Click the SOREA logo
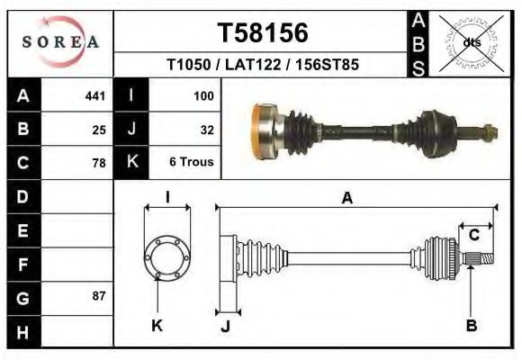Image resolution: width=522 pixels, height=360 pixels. coord(61,42)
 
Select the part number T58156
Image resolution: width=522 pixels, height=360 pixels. coord(263,33)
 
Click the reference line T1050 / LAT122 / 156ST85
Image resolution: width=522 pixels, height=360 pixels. coord(263,66)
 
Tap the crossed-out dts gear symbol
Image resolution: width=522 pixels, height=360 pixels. coord(469,41)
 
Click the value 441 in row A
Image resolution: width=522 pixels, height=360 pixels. coord(94,96)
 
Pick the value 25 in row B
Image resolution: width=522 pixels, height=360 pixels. coord(99,130)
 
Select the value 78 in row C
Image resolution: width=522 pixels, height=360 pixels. coord(99,163)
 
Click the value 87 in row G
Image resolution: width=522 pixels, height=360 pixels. coord(99,296)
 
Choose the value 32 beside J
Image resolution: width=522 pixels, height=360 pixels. coord(206,130)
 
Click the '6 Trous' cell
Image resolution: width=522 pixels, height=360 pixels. coord(192,163)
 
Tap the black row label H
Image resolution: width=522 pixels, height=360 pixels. coord(22,331)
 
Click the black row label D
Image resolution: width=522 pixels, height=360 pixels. coord(22,196)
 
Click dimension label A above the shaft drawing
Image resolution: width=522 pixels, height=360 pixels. coord(346,200)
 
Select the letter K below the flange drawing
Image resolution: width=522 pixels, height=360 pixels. coord(157,326)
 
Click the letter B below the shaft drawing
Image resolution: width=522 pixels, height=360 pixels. coord(471,326)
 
